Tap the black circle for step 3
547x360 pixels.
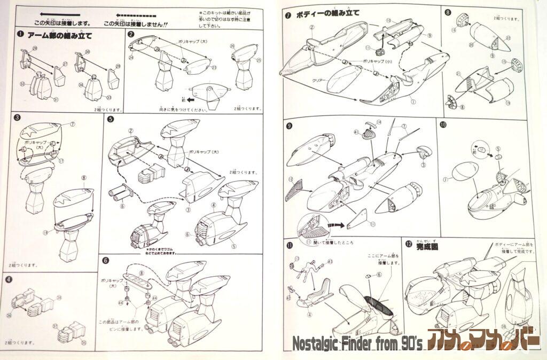pos(18,118)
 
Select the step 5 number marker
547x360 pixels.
pos(111,118)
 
